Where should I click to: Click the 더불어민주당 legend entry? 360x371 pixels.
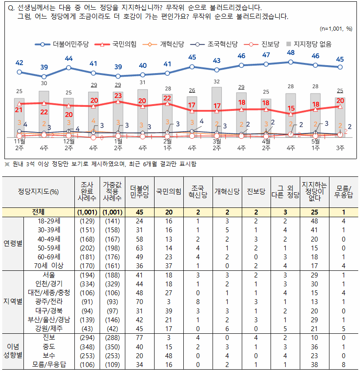coord(62,44)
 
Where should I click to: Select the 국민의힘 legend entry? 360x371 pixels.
coord(116,44)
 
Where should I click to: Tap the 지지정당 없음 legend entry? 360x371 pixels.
coord(309,44)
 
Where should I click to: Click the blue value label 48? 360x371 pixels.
coord(291,53)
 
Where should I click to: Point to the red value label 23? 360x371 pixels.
coord(118,96)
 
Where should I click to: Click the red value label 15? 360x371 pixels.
coord(291,108)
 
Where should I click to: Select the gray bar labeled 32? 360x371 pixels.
coord(217,112)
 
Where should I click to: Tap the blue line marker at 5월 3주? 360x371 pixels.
coord(340,67)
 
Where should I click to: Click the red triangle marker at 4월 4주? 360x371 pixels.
coord(291,114)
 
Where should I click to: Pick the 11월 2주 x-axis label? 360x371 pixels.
coord(19,144)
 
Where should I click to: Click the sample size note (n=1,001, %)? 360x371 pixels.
coord(336,29)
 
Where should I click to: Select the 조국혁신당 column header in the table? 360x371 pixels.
coord(198,191)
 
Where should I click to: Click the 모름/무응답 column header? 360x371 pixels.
coord(344,191)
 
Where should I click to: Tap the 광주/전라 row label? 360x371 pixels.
coord(49,302)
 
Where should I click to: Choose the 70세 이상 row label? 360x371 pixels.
coord(49,266)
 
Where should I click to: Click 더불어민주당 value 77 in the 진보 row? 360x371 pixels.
coord(139,338)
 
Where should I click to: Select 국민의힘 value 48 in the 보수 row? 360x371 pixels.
coord(169,356)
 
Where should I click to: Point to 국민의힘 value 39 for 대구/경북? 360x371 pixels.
coord(169,311)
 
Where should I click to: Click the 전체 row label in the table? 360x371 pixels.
coord(38,212)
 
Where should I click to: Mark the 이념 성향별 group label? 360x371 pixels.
coord(13,351)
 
